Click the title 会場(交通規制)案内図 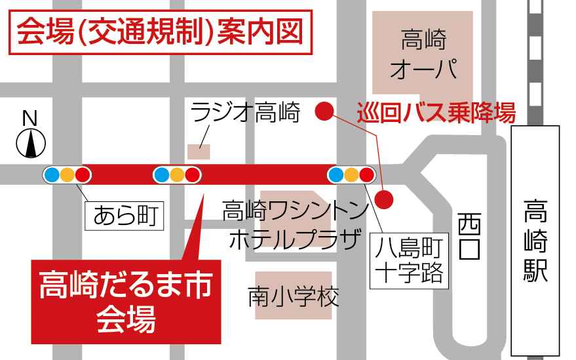point(159,31)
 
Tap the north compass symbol point(30,144)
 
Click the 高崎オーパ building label point(423,54)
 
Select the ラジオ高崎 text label point(245,113)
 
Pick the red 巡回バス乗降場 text point(436,113)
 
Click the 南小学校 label point(294,296)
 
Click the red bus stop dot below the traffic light point(385,198)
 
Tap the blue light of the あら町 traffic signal point(52,175)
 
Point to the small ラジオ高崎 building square point(199,151)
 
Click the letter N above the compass point(29,118)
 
